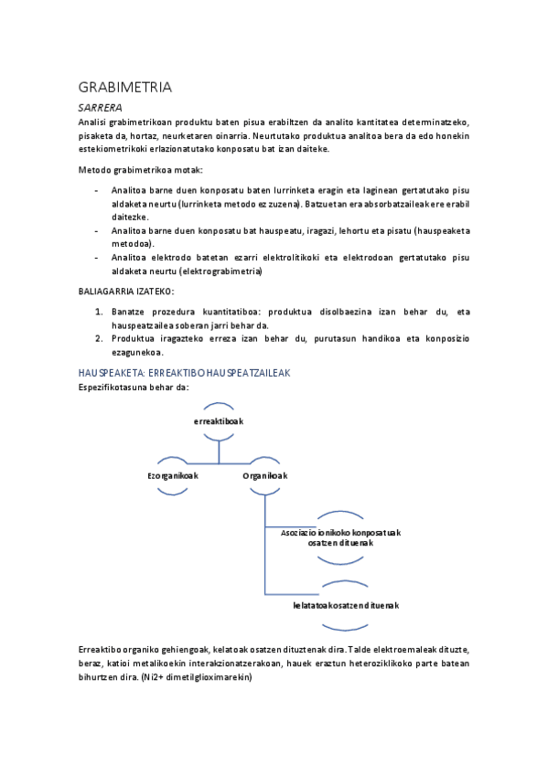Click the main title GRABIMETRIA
(125, 89)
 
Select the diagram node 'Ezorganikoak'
(173, 475)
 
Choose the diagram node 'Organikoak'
(265, 475)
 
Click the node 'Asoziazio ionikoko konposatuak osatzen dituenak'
(348, 536)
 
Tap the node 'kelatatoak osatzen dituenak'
(346, 605)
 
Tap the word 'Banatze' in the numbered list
(130, 312)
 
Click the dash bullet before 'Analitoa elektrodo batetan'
(97, 258)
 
